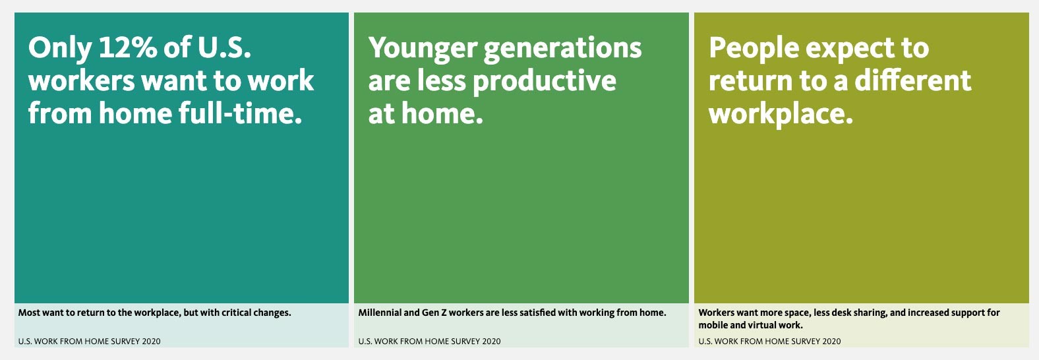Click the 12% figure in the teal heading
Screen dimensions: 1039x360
point(127,47)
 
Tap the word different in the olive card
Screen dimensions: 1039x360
point(912,80)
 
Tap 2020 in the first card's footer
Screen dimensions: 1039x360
point(151,342)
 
